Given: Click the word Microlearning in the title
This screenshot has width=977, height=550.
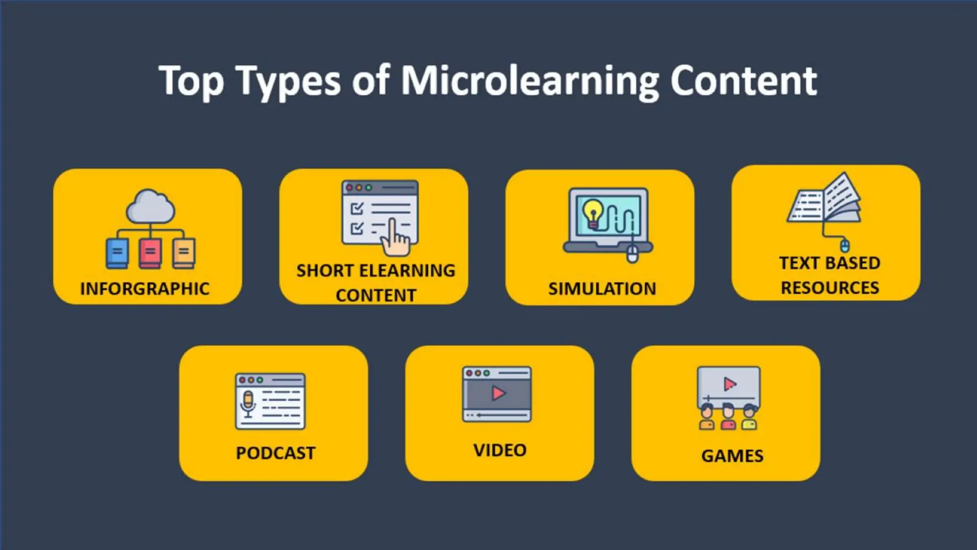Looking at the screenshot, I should click(530, 81).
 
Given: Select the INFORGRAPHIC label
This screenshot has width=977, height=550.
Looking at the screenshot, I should click(145, 289).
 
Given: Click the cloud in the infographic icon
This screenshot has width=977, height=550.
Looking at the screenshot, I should click(150, 207).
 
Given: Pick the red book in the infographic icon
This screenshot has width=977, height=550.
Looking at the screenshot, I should click(150, 253).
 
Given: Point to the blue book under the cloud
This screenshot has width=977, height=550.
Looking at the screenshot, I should click(117, 253).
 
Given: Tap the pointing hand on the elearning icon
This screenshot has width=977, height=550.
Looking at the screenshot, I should click(395, 239).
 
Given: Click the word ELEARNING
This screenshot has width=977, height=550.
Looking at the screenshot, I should click(407, 271).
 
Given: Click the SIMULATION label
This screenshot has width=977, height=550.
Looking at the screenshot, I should click(602, 289).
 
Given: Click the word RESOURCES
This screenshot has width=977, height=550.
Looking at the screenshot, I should click(830, 288).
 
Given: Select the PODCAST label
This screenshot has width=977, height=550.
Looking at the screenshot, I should click(276, 453).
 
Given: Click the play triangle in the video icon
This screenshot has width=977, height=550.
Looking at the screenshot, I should click(498, 393).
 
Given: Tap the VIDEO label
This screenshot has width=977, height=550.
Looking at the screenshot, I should click(500, 450).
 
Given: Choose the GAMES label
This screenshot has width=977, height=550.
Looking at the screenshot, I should click(732, 456).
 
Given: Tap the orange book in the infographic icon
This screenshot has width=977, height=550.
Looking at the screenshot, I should click(184, 253).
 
